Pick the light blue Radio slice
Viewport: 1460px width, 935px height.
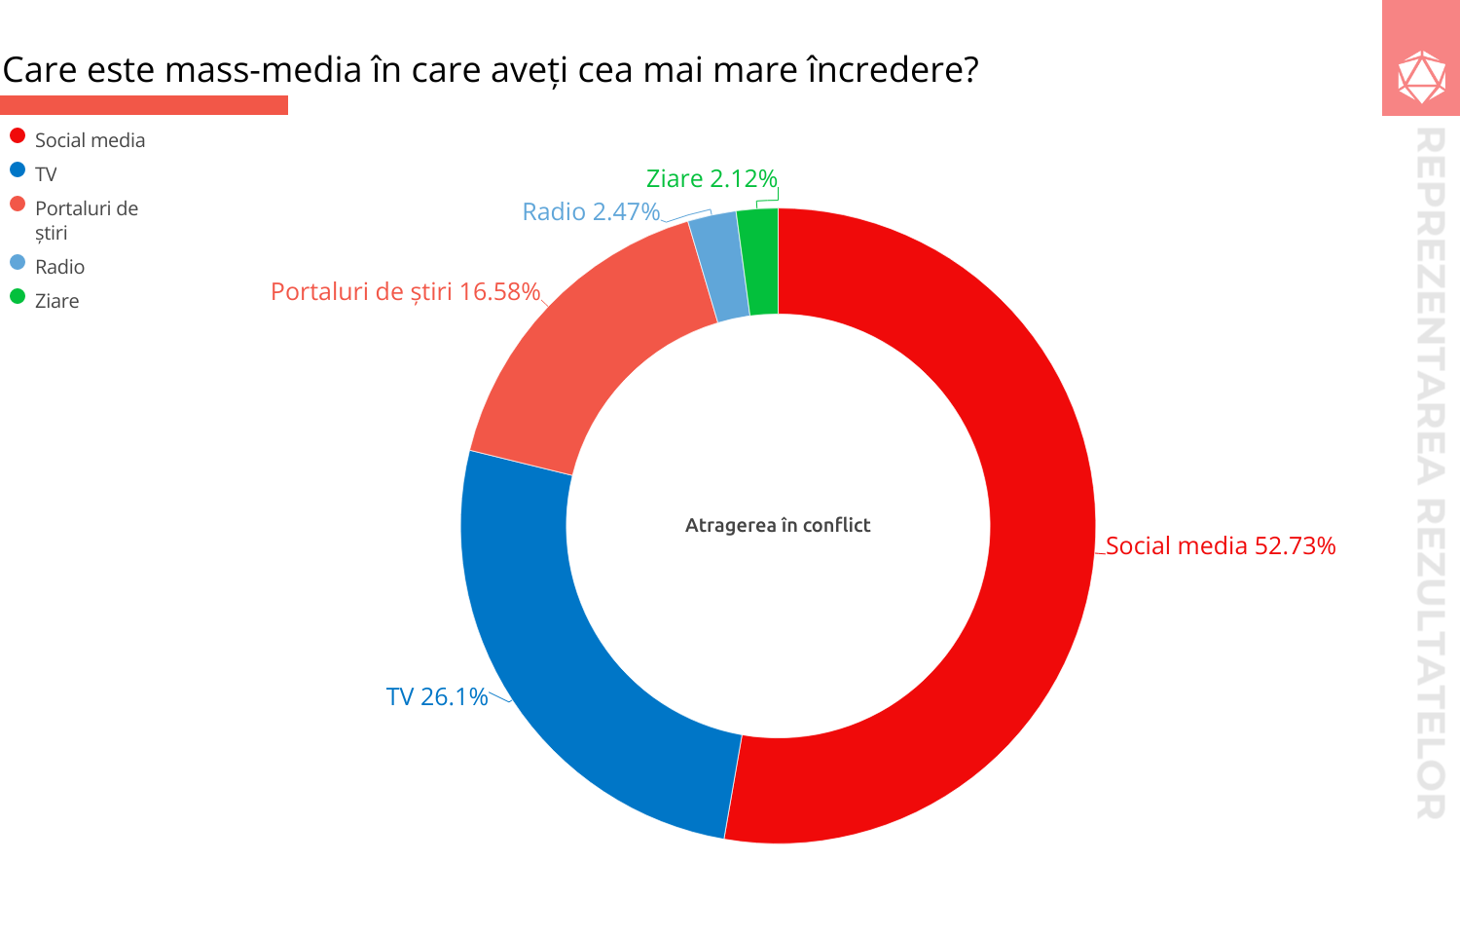tap(718, 267)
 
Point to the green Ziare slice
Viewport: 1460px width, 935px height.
tap(759, 262)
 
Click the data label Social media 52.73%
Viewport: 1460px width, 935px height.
tap(1221, 545)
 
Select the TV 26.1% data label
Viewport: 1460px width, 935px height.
tap(437, 696)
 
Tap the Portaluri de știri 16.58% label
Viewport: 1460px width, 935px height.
tap(405, 291)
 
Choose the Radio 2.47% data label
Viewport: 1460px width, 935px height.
tap(591, 211)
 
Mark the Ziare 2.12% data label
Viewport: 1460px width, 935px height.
tap(712, 178)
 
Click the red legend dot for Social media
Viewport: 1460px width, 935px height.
tap(18, 135)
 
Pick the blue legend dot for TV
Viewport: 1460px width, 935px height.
tap(18, 169)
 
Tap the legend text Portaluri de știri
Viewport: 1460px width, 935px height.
tap(86, 220)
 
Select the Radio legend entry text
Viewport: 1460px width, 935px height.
tap(59, 267)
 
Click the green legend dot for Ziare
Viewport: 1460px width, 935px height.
tap(18, 296)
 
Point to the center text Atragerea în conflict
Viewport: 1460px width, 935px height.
tap(778, 525)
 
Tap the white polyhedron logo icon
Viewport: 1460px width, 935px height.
tap(1421, 76)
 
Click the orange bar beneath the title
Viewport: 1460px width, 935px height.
tap(144, 105)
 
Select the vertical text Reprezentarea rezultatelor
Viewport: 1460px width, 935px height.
tap(1429, 472)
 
